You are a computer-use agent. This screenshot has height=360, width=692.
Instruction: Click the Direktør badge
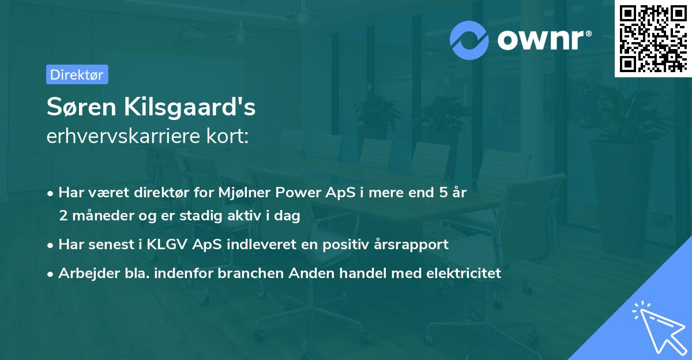click(77, 74)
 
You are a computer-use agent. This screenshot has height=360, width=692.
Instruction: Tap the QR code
click(652, 38)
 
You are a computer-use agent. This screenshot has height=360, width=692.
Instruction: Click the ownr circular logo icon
click(469, 40)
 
